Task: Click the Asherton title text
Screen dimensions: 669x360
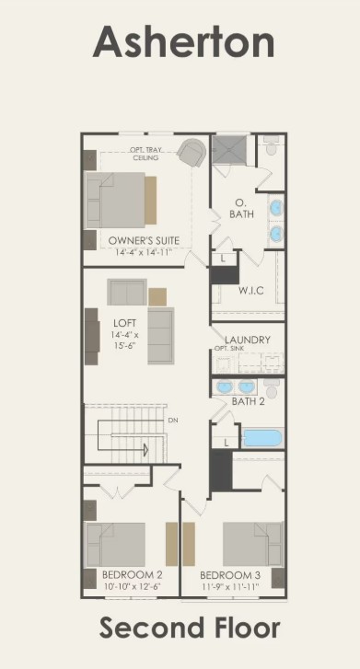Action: pyautogui.click(x=184, y=42)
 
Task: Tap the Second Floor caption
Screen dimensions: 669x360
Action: pyautogui.click(x=190, y=629)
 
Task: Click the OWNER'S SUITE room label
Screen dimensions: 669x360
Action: pyautogui.click(x=144, y=241)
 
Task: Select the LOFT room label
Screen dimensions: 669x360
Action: pyautogui.click(x=125, y=322)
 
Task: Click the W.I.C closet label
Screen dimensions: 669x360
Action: pyautogui.click(x=251, y=292)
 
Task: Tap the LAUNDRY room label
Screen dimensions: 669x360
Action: pyautogui.click(x=249, y=340)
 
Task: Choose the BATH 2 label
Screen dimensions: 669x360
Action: pyautogui.click(x=248, y=401)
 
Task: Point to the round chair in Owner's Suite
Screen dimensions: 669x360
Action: pyautogui.click(x=192, y=152)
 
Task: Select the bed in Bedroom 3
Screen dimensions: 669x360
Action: pyautogui.click(x=252, y=544)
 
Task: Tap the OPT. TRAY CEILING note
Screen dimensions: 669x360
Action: pyautogui.click(x=145, y=154)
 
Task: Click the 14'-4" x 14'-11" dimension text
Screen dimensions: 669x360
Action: pyautogui.click(x=144, y=252)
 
